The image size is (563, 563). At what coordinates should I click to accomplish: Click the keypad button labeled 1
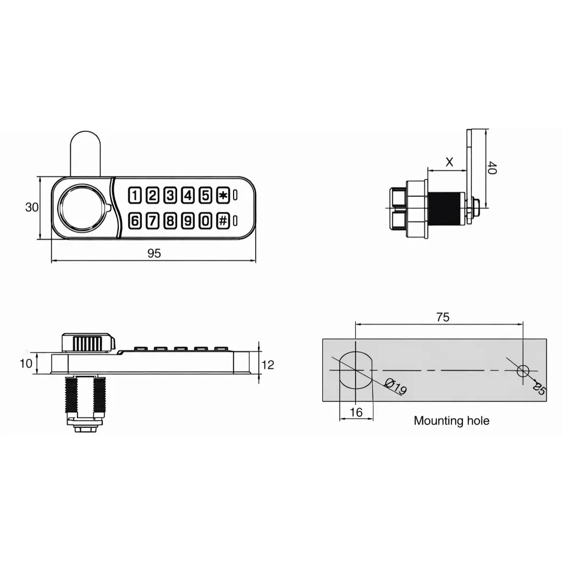click(135, 195)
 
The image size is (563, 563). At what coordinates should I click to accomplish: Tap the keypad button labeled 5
click(205, 195)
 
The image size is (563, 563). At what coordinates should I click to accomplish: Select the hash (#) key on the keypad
click(223, 221)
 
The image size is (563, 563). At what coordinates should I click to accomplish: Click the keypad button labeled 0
click(205, 221)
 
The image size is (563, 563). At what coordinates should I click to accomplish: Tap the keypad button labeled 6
click(135, 221)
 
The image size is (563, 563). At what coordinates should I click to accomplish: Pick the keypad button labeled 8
click(170, 221)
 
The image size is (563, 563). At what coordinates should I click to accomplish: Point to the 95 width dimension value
click(154, 253)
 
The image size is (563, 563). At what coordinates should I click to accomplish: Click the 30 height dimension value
click(32, 207)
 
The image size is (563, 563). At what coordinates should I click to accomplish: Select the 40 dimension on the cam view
click(492, 168)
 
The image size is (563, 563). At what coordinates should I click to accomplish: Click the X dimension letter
click(449, 162)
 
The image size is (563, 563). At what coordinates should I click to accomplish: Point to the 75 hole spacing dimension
click(443, 317)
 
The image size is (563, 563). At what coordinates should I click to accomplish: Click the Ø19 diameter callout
click(395, 386)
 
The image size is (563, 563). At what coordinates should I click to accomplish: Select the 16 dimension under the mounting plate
click(356, 412)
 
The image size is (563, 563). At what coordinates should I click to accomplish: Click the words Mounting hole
click(451, 421)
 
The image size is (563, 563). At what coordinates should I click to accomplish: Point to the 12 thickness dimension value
click(268, 365)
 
